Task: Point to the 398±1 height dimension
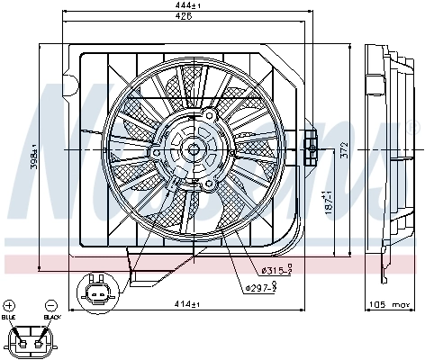(x=33, y=158)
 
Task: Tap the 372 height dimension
(x=344, y=152)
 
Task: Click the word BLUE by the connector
(x=9, y=318)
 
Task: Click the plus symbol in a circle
(x=9, y=306)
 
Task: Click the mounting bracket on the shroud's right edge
(x=311, y=144)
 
